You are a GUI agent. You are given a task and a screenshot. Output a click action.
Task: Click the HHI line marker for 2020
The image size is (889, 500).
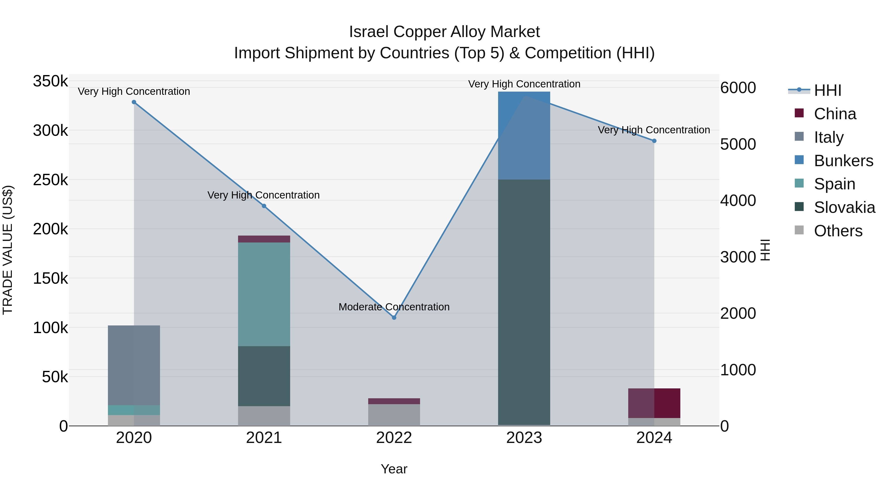click(x=134, y=102)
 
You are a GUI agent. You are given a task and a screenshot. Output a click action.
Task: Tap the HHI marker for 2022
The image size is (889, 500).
click(x=394, y=318)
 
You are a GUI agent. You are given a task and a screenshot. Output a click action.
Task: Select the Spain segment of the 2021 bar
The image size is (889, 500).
click(x=264, y=294)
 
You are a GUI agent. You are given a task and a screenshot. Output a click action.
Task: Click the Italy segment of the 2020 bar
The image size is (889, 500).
click(x=134, y=365)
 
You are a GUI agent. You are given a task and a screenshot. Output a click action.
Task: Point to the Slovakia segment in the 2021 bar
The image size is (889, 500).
click(x=264, y=376)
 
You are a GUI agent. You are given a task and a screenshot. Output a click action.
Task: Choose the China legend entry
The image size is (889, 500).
click(x=835, y=114)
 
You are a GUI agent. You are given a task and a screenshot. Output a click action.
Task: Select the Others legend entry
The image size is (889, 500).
click(x=838, y=231)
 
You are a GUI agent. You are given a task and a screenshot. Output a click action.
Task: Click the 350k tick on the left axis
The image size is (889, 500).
click(x=50, y=81)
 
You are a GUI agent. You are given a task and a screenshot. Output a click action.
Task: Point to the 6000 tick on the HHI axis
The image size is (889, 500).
click(x=738, y=88)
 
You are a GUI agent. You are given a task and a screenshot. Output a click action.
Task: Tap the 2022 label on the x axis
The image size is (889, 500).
click(x=394, y=438)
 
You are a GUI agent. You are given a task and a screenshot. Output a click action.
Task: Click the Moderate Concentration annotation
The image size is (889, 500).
click(x=394, y=307)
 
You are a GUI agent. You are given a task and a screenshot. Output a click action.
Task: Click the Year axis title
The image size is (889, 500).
click(x=394, y=469)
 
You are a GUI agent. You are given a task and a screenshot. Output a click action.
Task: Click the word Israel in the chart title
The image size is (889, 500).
click(x=369, y=32)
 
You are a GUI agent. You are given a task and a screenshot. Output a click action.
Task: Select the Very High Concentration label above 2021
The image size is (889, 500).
click(x=264, y=195)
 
